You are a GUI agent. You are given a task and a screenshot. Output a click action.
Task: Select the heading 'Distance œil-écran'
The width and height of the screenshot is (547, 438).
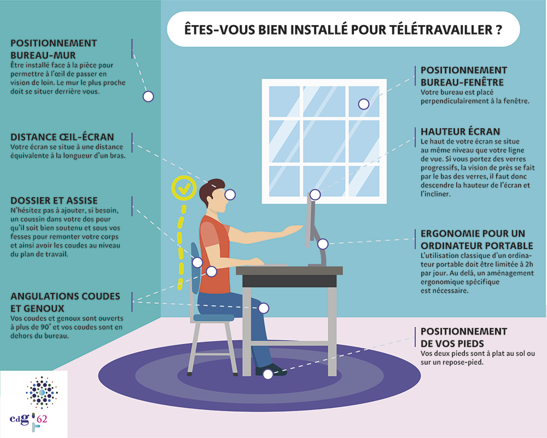click(62, 137)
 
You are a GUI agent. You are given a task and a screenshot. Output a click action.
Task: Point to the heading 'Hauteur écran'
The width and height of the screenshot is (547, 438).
click(460, 131)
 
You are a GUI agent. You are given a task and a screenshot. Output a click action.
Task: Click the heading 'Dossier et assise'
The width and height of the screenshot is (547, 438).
click(54, 201)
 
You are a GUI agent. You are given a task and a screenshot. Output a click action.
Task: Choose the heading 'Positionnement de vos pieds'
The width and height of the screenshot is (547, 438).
click(463, 337)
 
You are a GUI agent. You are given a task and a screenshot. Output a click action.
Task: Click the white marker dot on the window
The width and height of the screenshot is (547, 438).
click(362, 104)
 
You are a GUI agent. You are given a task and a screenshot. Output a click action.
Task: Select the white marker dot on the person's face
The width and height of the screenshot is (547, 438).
click(230, 194)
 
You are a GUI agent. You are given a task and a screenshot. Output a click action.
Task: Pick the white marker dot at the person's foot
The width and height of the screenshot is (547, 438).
click(267, 374)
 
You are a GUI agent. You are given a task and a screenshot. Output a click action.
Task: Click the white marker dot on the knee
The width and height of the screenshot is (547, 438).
click(264, 308)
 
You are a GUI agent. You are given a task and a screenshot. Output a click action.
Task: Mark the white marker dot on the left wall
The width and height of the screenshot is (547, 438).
click(148, 96)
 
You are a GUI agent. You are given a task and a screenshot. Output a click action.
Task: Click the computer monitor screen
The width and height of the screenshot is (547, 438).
click(310, 219)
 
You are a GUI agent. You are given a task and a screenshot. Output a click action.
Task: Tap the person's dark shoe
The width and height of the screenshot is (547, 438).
click(270, 370)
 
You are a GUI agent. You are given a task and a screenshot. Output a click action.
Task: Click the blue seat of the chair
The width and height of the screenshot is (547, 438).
click(213, 317)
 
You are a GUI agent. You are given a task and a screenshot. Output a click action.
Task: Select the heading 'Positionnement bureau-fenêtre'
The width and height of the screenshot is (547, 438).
click(463, 76)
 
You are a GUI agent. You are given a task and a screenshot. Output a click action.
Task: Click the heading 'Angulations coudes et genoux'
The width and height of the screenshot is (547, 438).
click(65, 302)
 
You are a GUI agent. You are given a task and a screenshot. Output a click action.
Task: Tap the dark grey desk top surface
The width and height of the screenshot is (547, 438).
click(289, 270)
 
